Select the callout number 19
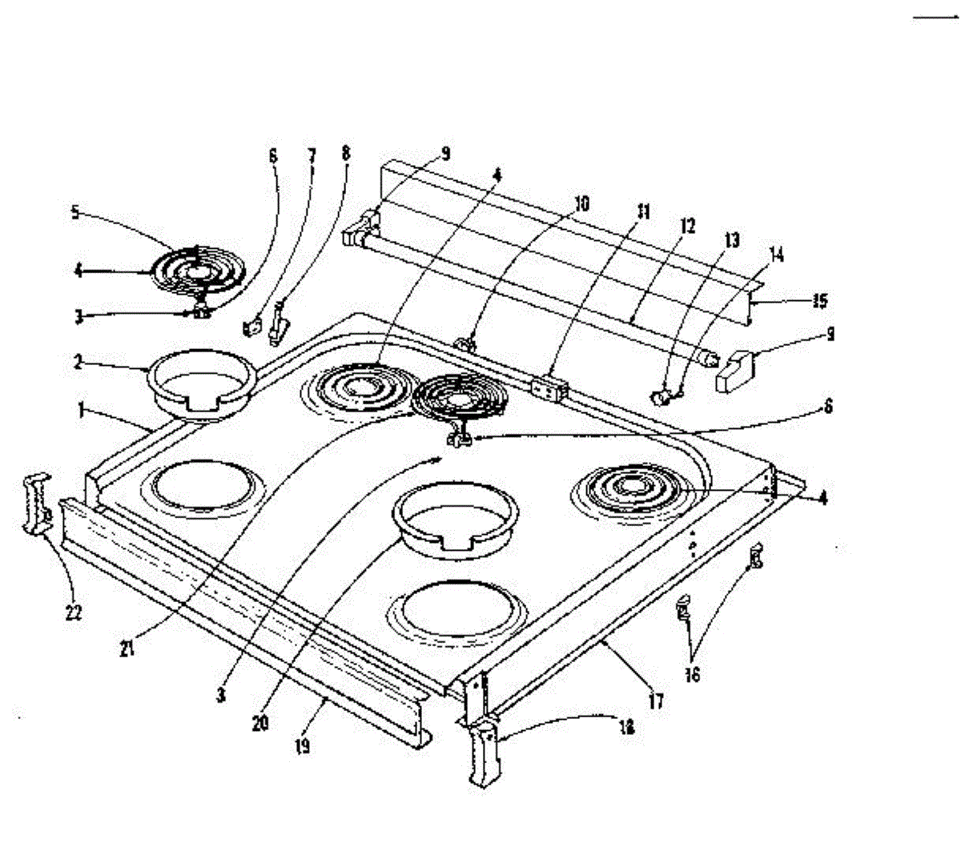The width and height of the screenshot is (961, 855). (x=302, y=745)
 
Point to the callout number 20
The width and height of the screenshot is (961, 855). (x=259, y=722)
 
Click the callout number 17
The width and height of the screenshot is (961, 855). (x=656, y=701)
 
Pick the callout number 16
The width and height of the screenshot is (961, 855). (x=692, y=674)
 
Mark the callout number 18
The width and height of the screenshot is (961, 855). (x=626, y=728)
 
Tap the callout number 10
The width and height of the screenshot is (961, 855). (x=582, y=204)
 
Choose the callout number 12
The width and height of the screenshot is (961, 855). (x=688, y=227)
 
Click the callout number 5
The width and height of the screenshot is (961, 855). (x=74, y=212)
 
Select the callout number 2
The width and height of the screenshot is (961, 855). (x=78, y=362)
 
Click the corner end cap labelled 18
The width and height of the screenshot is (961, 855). (x=483, y=753)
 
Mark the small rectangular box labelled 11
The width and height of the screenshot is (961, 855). (x=549, y=387)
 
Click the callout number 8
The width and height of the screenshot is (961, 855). (x=346, y=152)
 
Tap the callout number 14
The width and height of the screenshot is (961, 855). (x=776, y=255)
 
